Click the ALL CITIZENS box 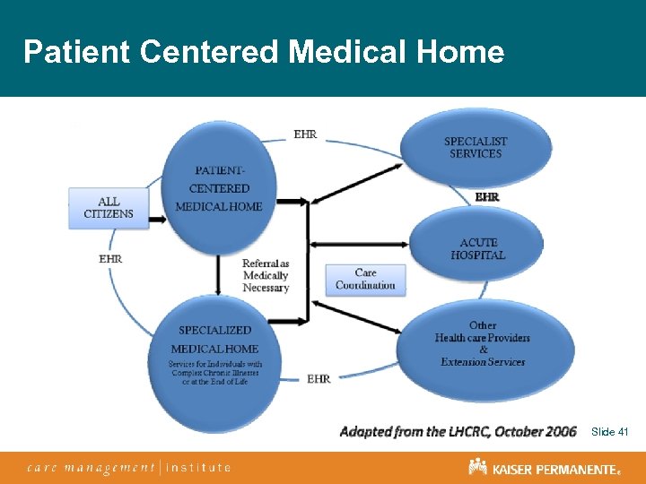[x=109, y=208]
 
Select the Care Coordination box [x=365, y=280]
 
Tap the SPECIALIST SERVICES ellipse [x=475, y=148]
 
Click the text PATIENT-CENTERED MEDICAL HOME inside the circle [x=219, y=189]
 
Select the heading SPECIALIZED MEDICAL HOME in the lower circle [x=214, y=340]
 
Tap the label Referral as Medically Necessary [x=266, y=276]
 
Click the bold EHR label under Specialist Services [x=487, y=196]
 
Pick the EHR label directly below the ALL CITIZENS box [x=110, y=259]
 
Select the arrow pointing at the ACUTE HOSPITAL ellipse [x=359, y=243]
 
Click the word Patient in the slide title [x=78, y=52]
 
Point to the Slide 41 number [x=610, y=432]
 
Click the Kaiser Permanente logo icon [x=477, y=467]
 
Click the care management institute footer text [x=129, y=467]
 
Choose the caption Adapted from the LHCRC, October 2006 [x=458, y=432]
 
